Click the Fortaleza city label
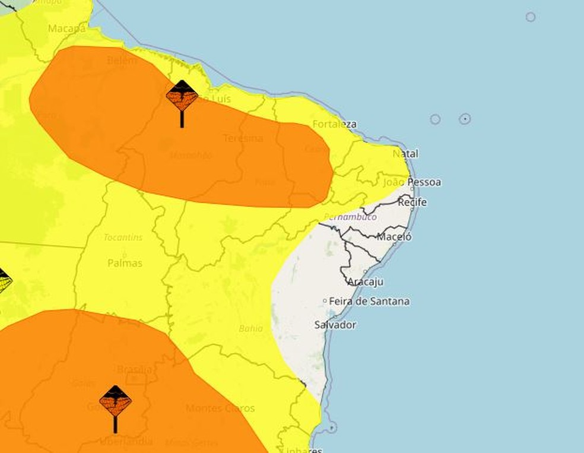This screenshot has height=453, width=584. click(x=334, y=124)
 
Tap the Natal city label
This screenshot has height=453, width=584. click(x=405, y=154)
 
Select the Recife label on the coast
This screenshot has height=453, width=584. click(x=412, y=202)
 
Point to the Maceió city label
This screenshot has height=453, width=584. click(x=394, y=236)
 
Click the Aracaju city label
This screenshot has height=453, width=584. click(x=365, y=281)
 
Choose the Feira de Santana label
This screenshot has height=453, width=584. click(x=369, y=301)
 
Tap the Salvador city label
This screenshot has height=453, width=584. click(x=335, y=325)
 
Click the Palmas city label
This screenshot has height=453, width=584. click(x=125, y=262)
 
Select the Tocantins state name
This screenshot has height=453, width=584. click(x=123, y=237)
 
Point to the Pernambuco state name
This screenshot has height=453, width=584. click(x=350, y=217)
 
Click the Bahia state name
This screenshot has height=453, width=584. click(x=250, y=328)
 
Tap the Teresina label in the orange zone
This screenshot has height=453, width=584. click(x=243, y=138)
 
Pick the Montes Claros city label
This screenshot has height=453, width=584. click(x=220, y=408)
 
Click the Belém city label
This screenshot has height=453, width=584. click(x=122, y=61)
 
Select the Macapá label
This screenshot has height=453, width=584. click(x=66, y=28)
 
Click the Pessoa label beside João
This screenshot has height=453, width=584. click(x=424, y=182)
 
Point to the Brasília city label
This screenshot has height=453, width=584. click(x=134, y=370)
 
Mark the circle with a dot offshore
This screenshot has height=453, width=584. click(x=465, y=119)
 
